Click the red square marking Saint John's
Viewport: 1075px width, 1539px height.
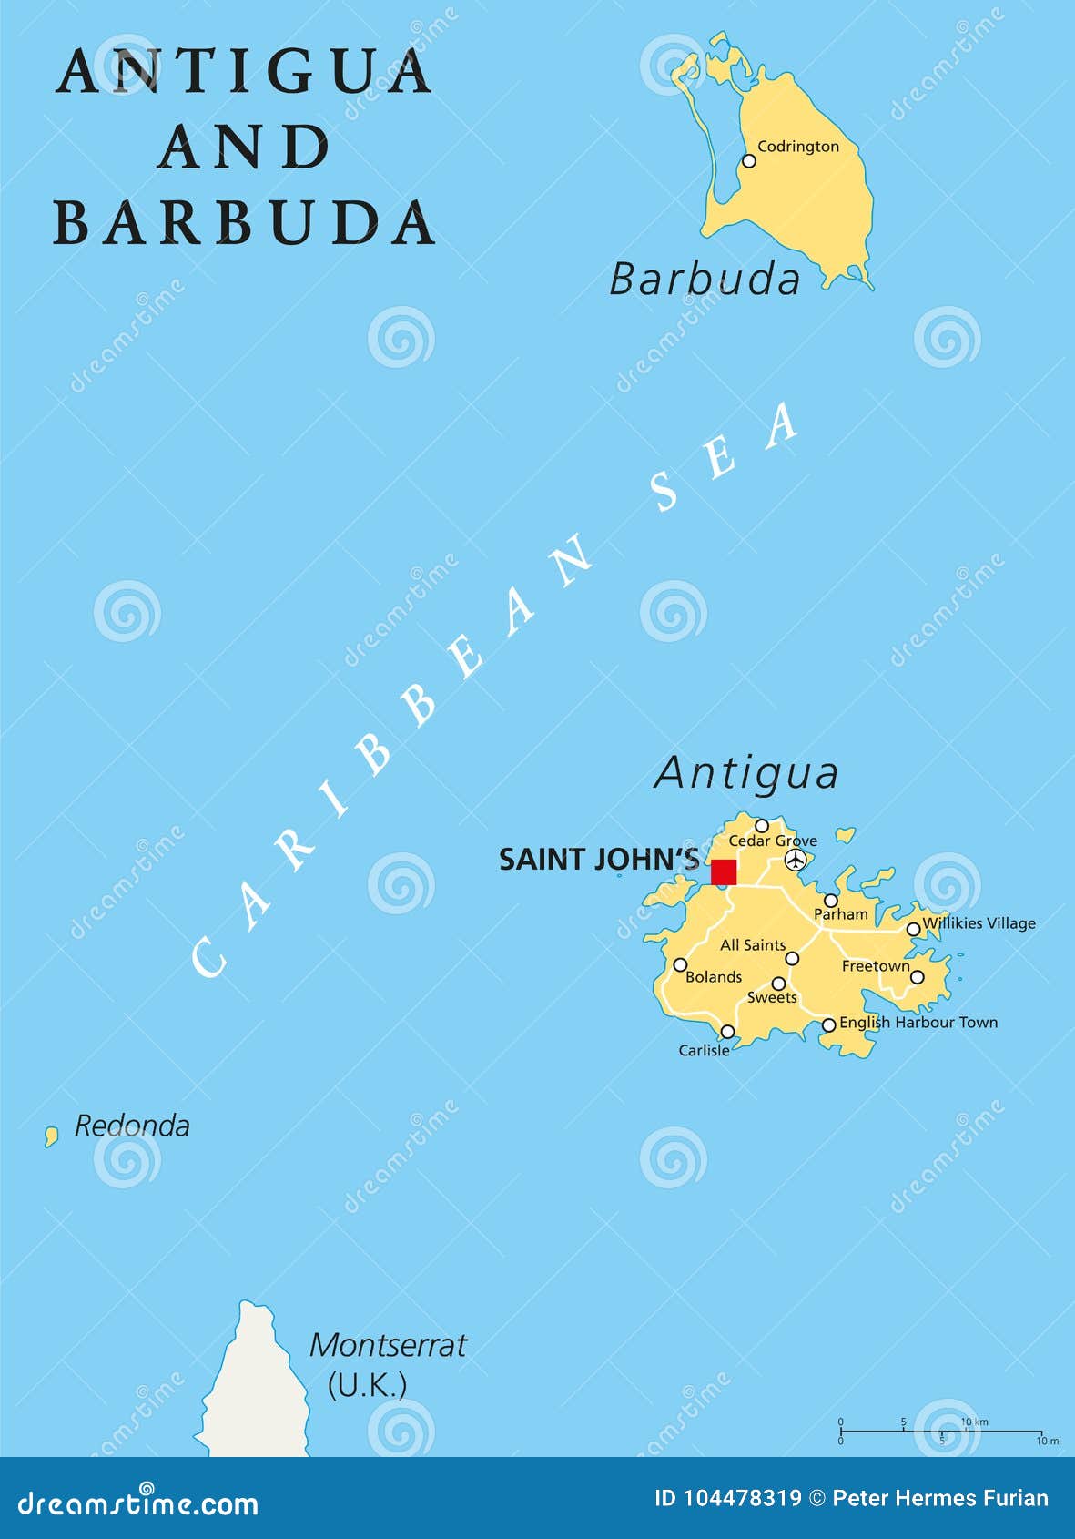tap(723, 871)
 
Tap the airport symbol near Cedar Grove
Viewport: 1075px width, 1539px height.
tap(796, 859)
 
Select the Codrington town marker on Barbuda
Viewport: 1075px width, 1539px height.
tap(748, 161)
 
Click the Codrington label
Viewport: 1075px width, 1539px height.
tap(798, 146)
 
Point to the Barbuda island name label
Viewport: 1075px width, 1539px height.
tap(705, 279)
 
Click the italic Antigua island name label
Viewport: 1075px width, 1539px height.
tap(746, 773)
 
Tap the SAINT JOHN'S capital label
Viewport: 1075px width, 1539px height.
tap(599, 860)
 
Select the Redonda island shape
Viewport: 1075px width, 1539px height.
tap(52, 1136)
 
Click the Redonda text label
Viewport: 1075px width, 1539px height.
tap(132, 1126)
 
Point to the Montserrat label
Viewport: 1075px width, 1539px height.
tap(388, 1345)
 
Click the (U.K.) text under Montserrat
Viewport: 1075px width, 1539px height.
tap(367, 1385)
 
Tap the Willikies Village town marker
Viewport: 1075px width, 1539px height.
tap(913, 930)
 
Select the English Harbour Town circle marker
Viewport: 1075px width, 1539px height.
tap(828, 1025)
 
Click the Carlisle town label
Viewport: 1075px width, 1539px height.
tap(704, 1050)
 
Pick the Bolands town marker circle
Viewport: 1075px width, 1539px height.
tap(680, 964)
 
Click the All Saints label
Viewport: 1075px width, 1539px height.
tap(752, 945)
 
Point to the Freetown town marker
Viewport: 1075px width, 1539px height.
tap(918, 977)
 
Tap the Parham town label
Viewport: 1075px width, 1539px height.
tap(840, 914)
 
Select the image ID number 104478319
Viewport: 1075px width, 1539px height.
tap(741, 1498)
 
